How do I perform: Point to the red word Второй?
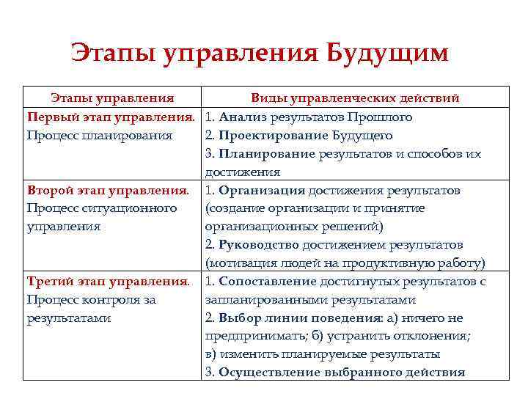click(48, 191)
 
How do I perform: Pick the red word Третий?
click(49, 282)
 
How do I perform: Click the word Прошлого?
click(379, 117)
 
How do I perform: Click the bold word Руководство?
click(259, 245)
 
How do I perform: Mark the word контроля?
click(106, 300)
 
